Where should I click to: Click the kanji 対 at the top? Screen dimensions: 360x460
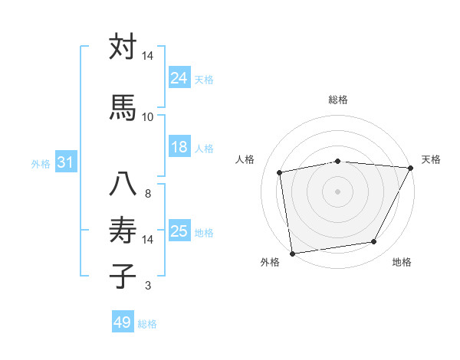[x=123, y=47]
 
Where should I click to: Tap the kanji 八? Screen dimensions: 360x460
[x=123, y=185]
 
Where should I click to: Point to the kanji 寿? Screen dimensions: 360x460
[x=123, y=229]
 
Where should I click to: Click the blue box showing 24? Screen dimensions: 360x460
[x=179, y=77]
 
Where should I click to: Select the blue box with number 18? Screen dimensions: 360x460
[x=179, y=147]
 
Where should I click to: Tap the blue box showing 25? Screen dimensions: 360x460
[x=179, y=231]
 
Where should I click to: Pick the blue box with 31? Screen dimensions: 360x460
[x=65, y=162]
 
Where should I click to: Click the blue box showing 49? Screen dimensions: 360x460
[x=123, y=322]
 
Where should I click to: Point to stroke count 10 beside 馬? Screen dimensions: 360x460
[x=148, y=116]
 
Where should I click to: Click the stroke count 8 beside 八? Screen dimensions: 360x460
[x=148, y=194]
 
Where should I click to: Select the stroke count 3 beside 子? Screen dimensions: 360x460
[x=148, y=286]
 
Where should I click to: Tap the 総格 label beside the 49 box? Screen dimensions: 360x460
[x=147, y=324]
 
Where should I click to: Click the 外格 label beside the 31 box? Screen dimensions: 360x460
[x=41, y=163]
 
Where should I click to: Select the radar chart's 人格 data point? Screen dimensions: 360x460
[x=281, y=172]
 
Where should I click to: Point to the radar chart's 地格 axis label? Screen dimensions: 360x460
[x=402, y=263]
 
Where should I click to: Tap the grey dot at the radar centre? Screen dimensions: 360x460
[x=337, y=191]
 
